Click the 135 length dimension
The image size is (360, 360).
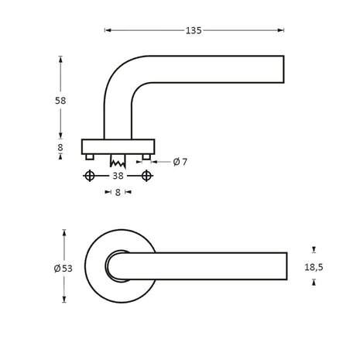tap(193, 31)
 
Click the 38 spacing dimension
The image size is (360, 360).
tap(117, 177)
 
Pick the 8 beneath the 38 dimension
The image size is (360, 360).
tap(118, 193)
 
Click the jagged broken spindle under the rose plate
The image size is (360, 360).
tap(119, 163)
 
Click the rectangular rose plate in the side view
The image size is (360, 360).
tap(118, 146)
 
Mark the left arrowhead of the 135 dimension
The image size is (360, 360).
tap(107, 31)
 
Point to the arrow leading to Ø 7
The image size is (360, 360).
tap(157, 162)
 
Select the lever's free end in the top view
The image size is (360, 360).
tap(285, 266)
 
